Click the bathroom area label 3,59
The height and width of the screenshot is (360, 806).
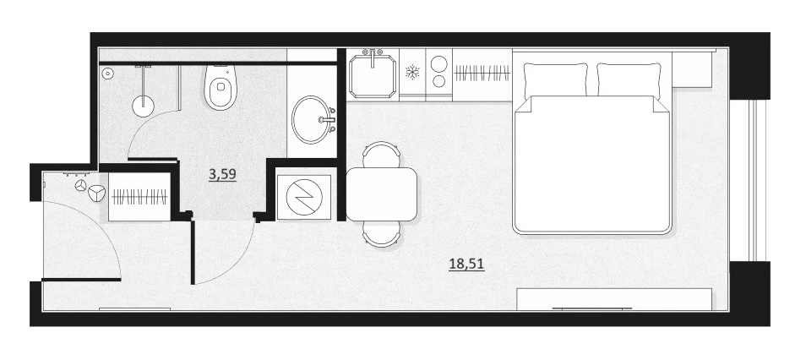pos(222,175)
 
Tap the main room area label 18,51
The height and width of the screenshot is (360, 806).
pos(466,265)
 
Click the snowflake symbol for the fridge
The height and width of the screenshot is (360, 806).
pos(412,72)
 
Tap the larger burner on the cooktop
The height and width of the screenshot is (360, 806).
pos(439,64)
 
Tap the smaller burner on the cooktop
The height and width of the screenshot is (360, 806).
pos(439,81)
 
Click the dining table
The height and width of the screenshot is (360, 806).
pos(381,194)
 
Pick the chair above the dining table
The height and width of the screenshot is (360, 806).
pos(381,155)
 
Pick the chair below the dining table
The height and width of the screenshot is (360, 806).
pos(381,234)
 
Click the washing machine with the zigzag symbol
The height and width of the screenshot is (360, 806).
pos(304,194)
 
